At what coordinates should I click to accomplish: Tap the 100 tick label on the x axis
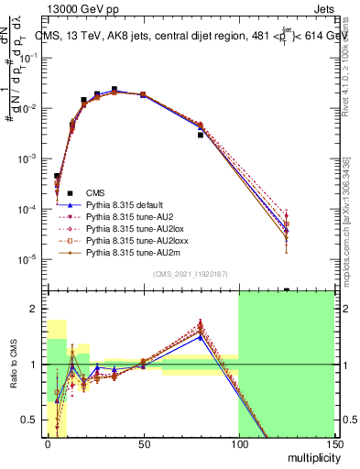point(238,444)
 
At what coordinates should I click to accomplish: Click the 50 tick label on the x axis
point(143,444)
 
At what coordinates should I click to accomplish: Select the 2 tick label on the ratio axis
point(36,309)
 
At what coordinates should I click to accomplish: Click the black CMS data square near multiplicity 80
point(200,135)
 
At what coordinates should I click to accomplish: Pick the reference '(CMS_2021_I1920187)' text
point(190,274)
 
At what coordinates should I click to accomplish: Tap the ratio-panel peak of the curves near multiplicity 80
point(200,325)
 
